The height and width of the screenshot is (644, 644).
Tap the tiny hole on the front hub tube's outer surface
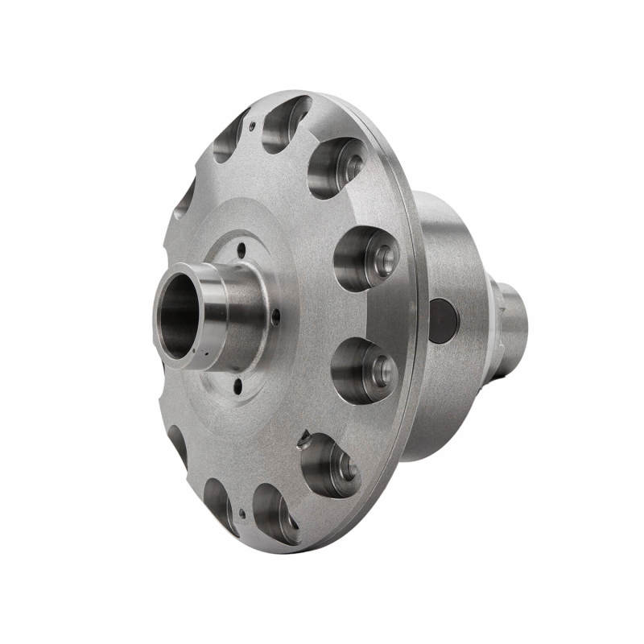(208, 353)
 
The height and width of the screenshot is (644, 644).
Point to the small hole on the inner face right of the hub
(276, 316)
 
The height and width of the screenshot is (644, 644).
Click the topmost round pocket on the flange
(286, 122)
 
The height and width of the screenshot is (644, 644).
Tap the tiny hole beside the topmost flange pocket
(253, 126)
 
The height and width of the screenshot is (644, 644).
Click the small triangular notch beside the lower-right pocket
(303, 440)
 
